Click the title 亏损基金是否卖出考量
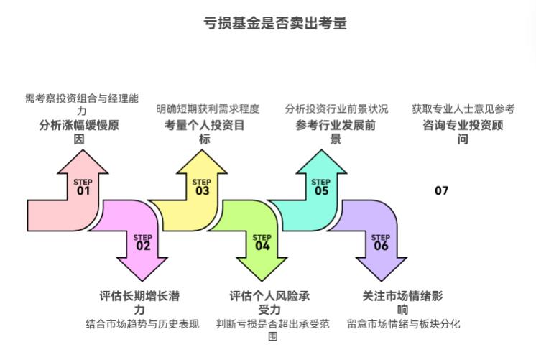tap(276, 24)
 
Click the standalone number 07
tap(441, 190)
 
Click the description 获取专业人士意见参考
tap(463, 109)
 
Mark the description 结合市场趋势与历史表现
tap(142, 324)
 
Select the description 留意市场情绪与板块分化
tap(403, 324)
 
